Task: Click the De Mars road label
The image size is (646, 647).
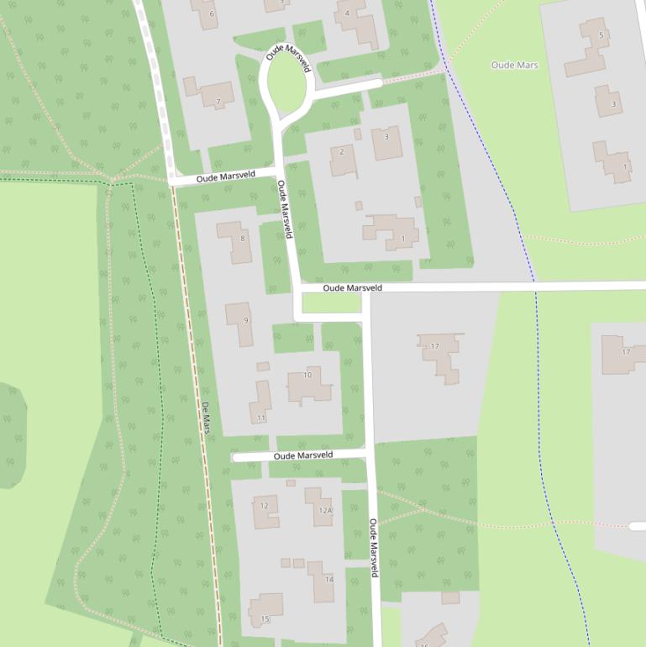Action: pyautogui.click(x=206, y=418)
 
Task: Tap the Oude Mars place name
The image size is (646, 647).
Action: pyautogui.click(x=514, y=65)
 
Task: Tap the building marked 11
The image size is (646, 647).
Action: pyautogui.click(x=261, y=403)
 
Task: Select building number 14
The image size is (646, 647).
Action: pyautogui.click(x=321, y=581)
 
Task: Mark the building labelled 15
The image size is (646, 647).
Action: pyautogui.click(x=266, y=611)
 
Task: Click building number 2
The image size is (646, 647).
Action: pyautogui.click(x=342, y=159)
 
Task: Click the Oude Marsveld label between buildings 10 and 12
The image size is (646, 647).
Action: pyautogui.click(x=303, y=455)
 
